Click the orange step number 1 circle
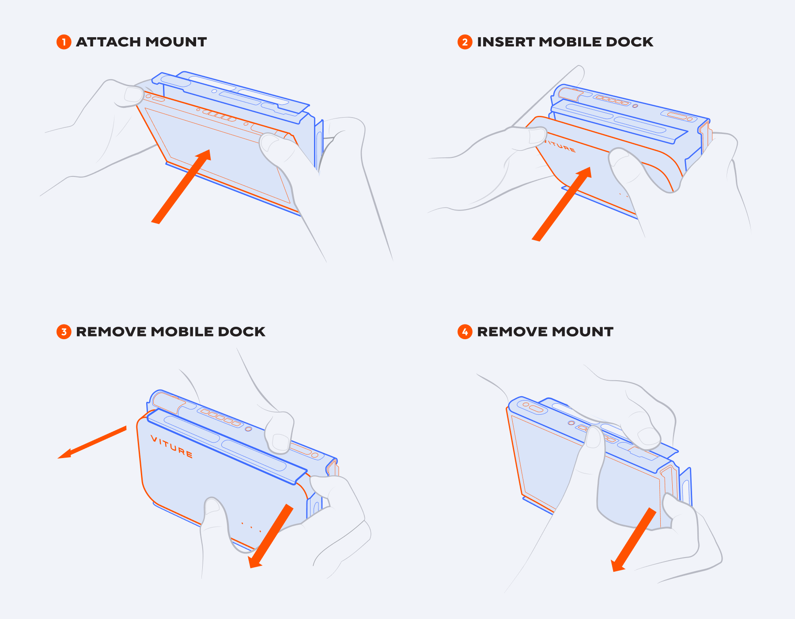click(x=64, y=42)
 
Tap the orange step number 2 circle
click(x=465, y=42)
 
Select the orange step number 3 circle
click(x=64, y=332)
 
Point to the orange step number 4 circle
click(x=465, y=332)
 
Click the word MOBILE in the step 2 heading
click(x=570, y=42)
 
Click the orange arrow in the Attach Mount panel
click(x=181, y=186)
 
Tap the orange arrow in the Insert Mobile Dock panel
click(x=562, y=204)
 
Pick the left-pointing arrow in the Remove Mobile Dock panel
click(x=92, y=442)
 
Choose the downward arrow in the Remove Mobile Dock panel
click(x=271, y=536)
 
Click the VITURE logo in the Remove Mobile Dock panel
click(x=172, y=447)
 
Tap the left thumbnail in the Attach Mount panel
click(x=133, y=94)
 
